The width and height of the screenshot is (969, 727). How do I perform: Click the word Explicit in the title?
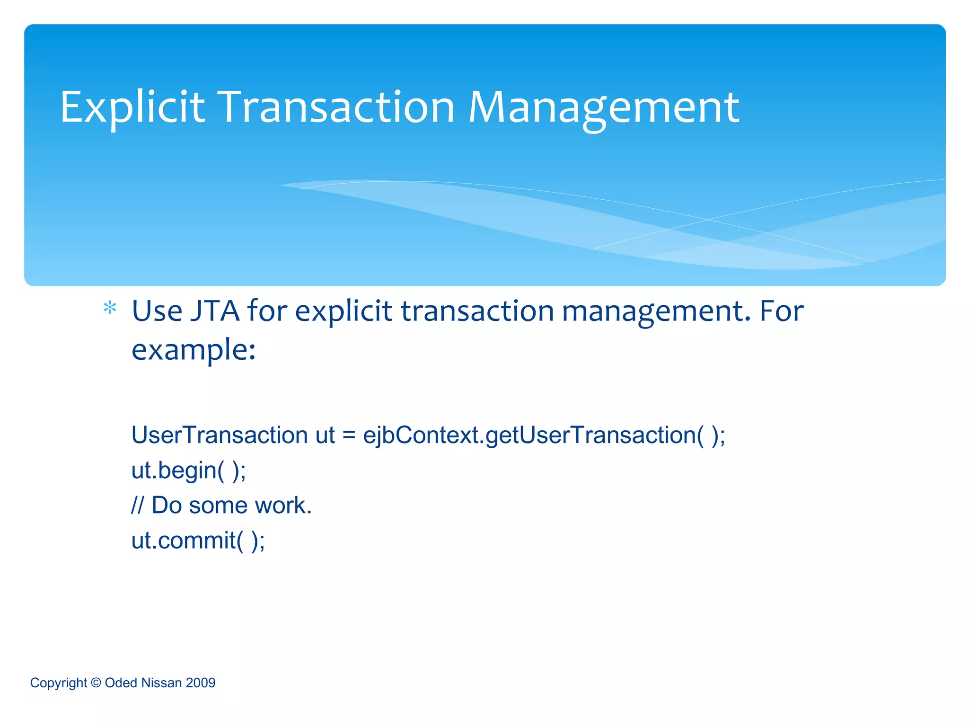pos(132,108)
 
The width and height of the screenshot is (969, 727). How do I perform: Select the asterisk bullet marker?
pos(110,309)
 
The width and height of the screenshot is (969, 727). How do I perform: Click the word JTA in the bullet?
pos(215,311)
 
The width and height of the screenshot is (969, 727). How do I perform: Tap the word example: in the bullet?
pos(194,351)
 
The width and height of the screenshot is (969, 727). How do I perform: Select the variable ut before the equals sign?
pos(325,435)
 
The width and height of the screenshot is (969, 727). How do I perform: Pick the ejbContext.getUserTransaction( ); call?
pos(544,435)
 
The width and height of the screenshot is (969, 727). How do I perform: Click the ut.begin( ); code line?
pos(189,470)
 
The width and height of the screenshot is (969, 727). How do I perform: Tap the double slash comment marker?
pos(137,505)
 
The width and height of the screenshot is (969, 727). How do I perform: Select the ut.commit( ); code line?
pos(198,541)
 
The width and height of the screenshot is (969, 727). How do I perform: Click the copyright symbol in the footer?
pos(96,683)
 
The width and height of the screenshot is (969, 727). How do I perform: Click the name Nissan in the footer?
pos(161,683)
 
